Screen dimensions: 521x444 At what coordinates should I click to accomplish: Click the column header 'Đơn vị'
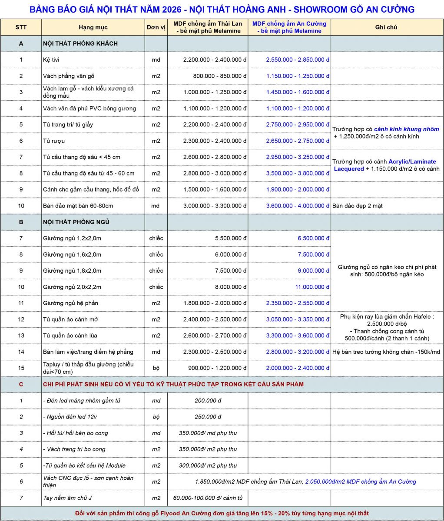click(x=156, y=27)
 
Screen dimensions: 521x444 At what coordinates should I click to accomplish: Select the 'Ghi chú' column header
click(x=386, y=27)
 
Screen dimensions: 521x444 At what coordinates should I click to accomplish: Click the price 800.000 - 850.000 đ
click(x=220, y=76)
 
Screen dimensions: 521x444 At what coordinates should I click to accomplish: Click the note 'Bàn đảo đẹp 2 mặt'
click(x=358, y=206)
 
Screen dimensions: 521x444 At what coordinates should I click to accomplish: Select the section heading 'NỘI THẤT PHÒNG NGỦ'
click(x=76, y=222)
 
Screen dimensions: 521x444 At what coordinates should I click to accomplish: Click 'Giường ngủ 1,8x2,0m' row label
click(x=72, y=271)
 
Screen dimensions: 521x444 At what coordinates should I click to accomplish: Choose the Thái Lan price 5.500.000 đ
click(x=231, y=238)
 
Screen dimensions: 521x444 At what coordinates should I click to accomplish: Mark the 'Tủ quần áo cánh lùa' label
click(x=70, y=336)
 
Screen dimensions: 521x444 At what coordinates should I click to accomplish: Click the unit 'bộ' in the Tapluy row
click(x=156, y=368)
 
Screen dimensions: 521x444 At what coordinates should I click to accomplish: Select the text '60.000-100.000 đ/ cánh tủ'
click(x=208, y=498)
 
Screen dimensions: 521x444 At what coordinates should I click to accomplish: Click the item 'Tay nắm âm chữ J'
click(x=68, y=498)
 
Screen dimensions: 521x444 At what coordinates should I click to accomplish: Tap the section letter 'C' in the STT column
click(x=21, y=384)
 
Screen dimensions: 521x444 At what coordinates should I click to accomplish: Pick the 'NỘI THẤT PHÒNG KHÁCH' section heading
click(x=80, y=43)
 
